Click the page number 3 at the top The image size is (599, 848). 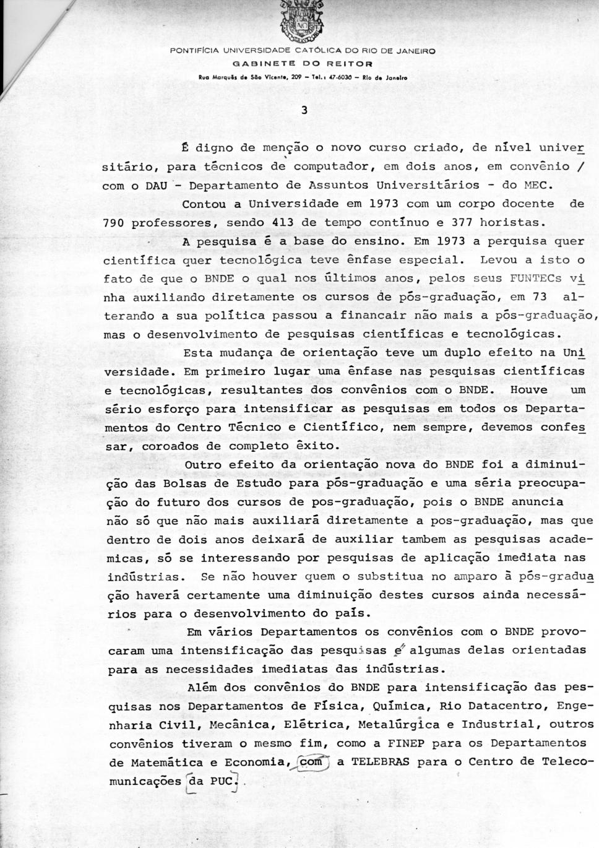coord(304,111)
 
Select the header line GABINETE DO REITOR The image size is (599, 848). coord(303,63)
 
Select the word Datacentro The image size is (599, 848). coord(517,706)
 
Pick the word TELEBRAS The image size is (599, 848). coord(379,762)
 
